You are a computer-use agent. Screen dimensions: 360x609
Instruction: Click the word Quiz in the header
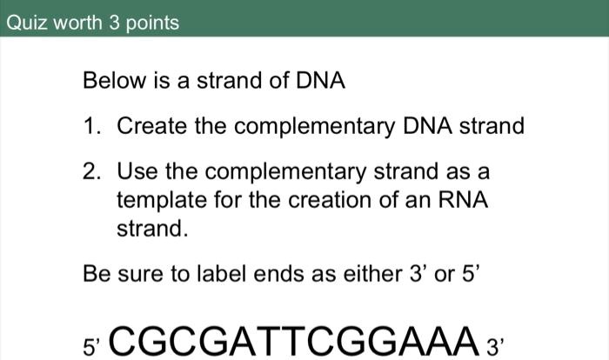click(x=24, y=23)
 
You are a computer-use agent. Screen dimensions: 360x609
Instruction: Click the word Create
click(x=151, y=127)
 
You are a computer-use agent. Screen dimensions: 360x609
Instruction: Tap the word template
click(x=159, y=200)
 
